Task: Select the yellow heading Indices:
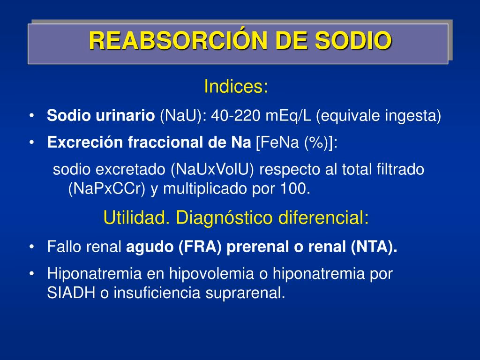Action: click(236, 87)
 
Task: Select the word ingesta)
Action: click(413, 116)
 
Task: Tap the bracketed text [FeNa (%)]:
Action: click(296, 142)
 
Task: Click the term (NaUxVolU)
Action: click(213, 169)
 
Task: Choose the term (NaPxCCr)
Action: click(109, 189)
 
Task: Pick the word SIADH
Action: click(71, 293)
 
